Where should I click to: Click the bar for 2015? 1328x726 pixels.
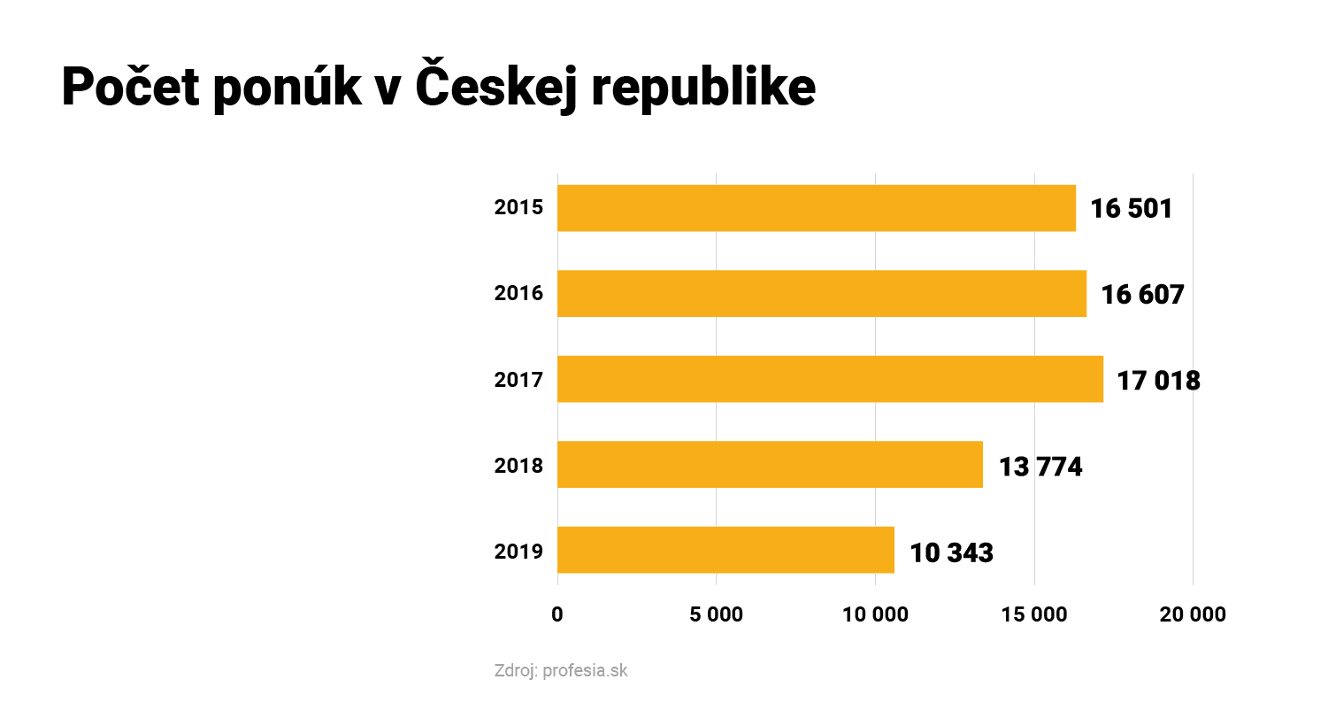(816, 208)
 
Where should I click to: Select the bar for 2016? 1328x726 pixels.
(821, 293)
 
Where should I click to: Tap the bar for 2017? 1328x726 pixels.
(830, 379)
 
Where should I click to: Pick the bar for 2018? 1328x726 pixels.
(770, 465)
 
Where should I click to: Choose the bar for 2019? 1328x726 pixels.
(725, 550)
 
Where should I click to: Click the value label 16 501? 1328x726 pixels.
(1131, 209)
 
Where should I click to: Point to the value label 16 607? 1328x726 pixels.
(1142, 294)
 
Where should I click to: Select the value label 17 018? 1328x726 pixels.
(1158, 381)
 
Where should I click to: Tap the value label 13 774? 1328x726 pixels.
(1040, 467)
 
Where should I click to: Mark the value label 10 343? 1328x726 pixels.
(951, 553)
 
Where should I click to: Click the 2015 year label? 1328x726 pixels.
(518, 207)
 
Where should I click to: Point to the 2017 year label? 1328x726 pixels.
(518, 380)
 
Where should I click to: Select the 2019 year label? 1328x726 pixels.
(518, 552)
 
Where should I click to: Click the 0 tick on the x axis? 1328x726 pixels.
(557, 614)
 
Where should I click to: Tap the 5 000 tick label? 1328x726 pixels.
(716, 614)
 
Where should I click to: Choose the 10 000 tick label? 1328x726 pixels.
(875, 614)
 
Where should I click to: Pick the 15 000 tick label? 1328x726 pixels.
(1034, 614)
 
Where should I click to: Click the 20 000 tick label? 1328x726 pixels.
(1193, 614)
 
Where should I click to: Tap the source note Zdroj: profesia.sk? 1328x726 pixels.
(561, 670)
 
